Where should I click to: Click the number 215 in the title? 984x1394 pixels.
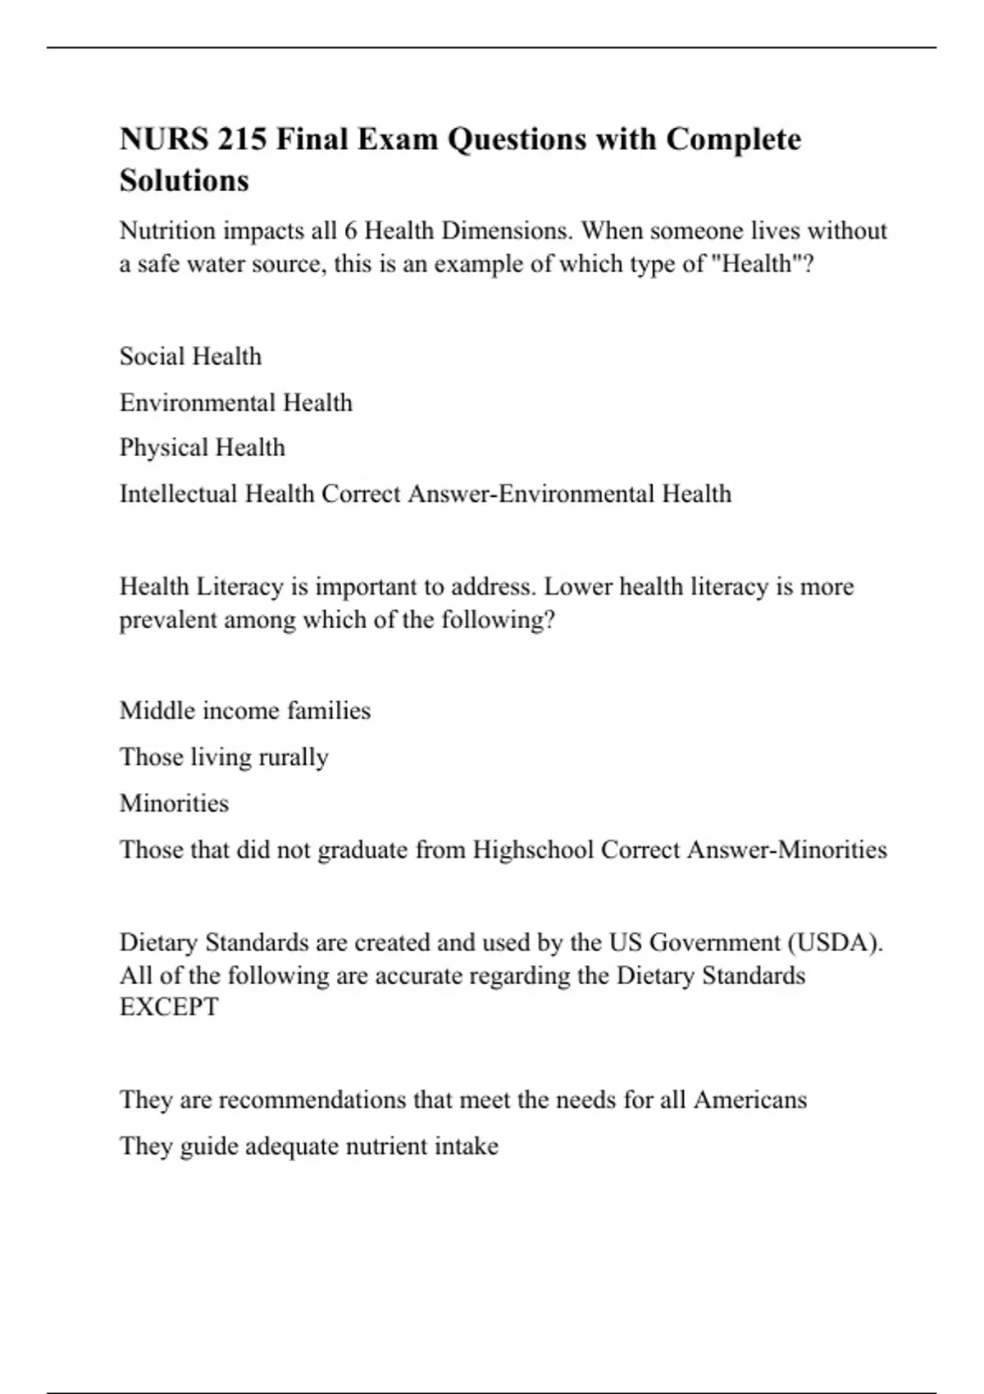242,139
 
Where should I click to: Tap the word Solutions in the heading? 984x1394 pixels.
184,180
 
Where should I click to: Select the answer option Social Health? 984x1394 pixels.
190,357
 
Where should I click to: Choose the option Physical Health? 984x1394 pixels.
202,448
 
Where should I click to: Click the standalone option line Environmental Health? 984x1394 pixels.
235,403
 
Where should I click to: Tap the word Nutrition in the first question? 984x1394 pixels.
167,230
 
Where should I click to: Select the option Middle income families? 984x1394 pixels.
244,710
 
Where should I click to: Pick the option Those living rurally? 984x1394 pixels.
223,757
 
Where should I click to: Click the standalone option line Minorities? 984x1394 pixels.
174,803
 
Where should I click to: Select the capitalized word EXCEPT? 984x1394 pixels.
169,1007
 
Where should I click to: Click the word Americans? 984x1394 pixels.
749,1100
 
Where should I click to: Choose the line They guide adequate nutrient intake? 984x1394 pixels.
308,1146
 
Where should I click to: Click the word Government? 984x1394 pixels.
714,942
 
